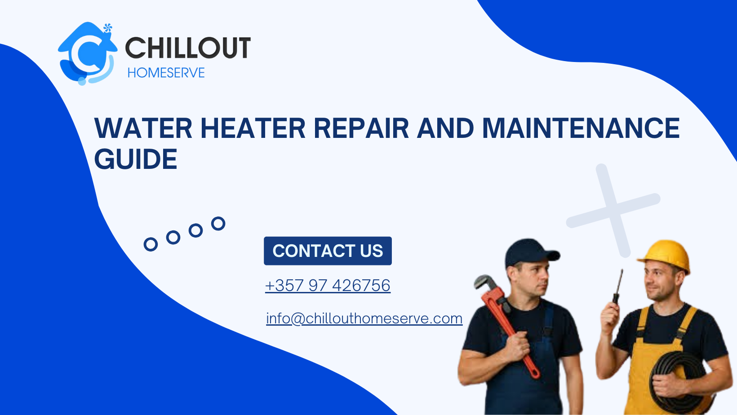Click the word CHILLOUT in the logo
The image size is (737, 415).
187,48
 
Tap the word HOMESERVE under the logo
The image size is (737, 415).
166,73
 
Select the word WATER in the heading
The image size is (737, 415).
143,128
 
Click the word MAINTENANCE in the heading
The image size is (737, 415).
581,128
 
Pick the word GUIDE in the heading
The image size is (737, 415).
136,159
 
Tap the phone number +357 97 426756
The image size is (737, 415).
328,285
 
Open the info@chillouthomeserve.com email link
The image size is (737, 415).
364,318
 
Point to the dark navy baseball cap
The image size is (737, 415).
530,252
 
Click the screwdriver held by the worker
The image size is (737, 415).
618,287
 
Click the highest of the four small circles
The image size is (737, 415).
218,223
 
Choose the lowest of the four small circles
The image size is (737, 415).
151,244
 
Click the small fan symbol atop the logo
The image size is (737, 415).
107,28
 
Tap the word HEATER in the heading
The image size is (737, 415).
253,128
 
